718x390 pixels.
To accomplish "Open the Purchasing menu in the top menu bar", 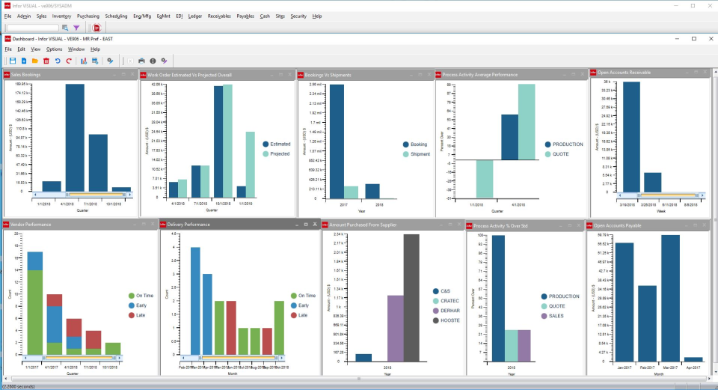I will pyautogui.click(x=88, y=16).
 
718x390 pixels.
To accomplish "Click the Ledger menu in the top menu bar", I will pyautogui.click(x=195, y=16).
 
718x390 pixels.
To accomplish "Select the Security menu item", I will pyautogui.click(x=298, y=16).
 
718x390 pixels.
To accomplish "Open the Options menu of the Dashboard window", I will pyautogui.click(x=55, y=49).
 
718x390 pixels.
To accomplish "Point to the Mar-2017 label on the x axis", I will pyautogui.click(x=670, y=368).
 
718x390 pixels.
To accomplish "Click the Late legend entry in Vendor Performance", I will pyautogui.click(x=138, y=315).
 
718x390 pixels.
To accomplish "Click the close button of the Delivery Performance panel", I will pyautogui.click(x=315, y=224).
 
